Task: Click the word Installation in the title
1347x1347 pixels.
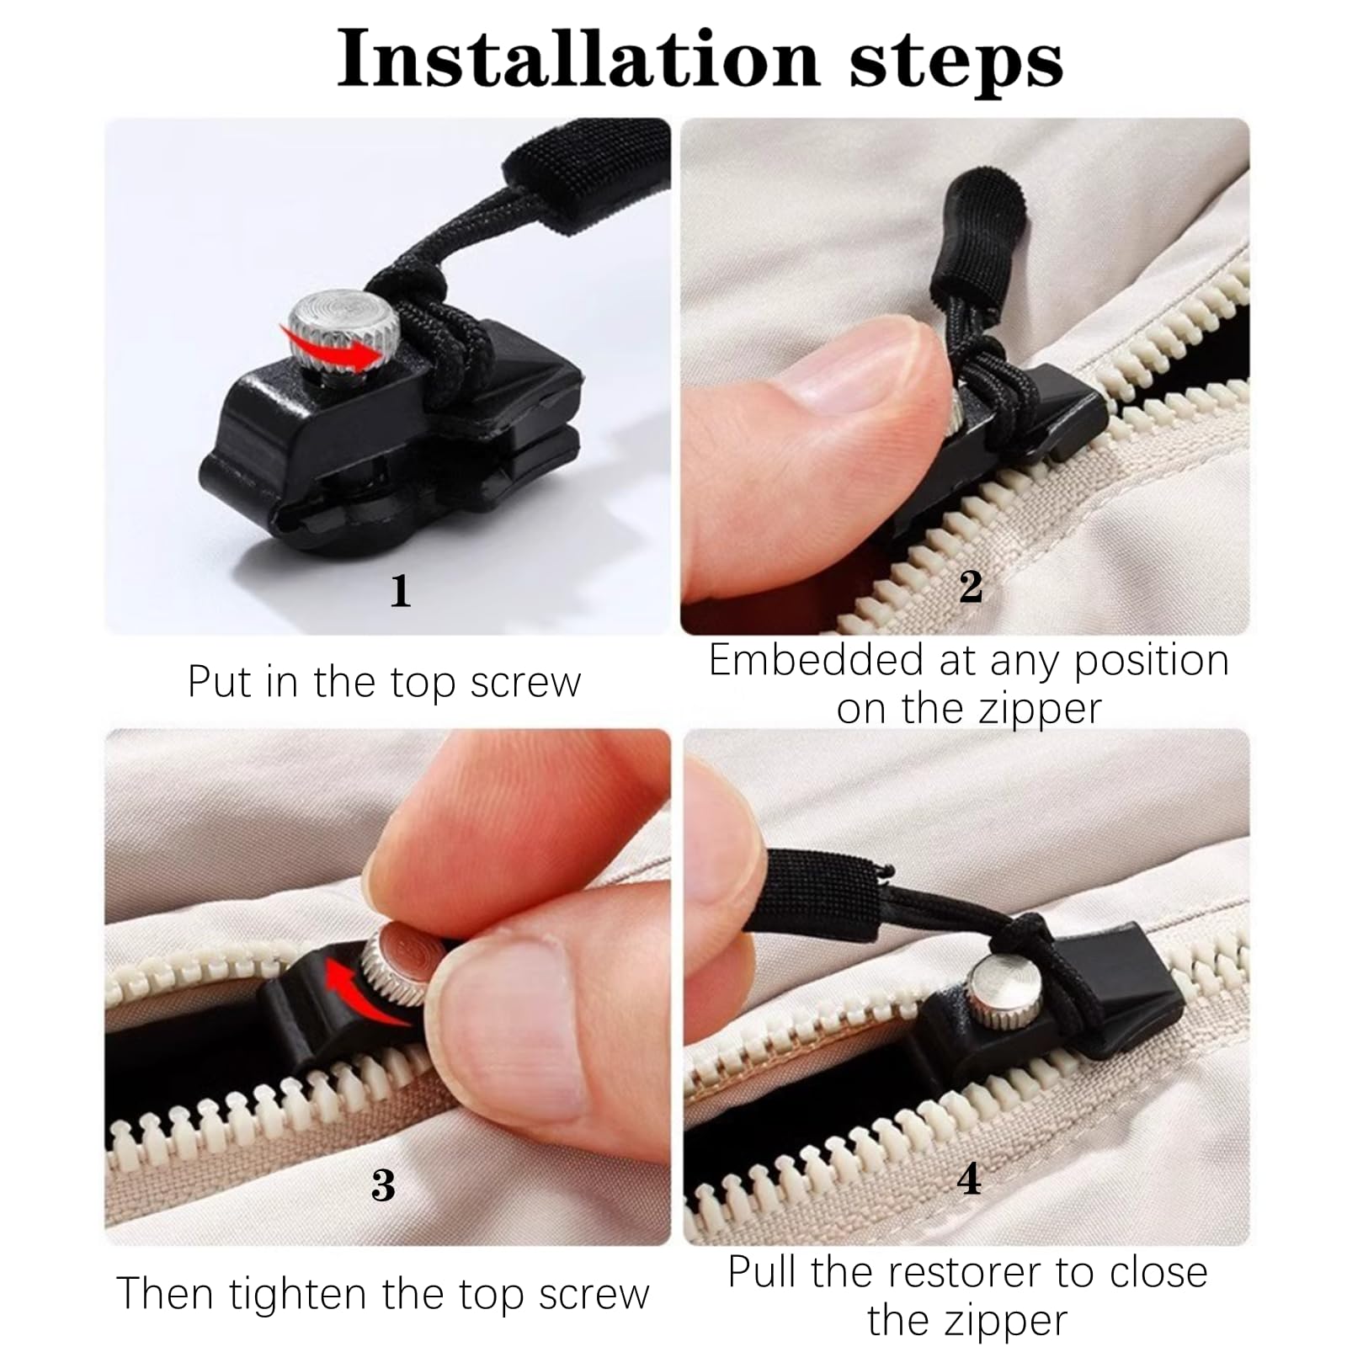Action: [579, 59]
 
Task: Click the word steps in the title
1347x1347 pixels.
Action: [956, 64]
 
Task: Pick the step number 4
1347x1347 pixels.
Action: [970, 1179]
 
